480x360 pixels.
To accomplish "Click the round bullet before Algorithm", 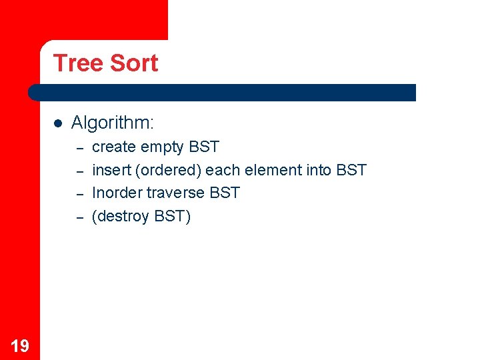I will tap(58, 123).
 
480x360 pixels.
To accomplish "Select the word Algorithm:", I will tap(113, 123).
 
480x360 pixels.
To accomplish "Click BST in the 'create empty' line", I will tap(204, 147).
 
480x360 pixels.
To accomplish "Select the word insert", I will tap(111, 170).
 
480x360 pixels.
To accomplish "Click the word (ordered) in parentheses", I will tap(169, 170).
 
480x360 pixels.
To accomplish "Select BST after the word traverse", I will tap(225, 193).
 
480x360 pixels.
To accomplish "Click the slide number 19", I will tap(20, 345).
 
